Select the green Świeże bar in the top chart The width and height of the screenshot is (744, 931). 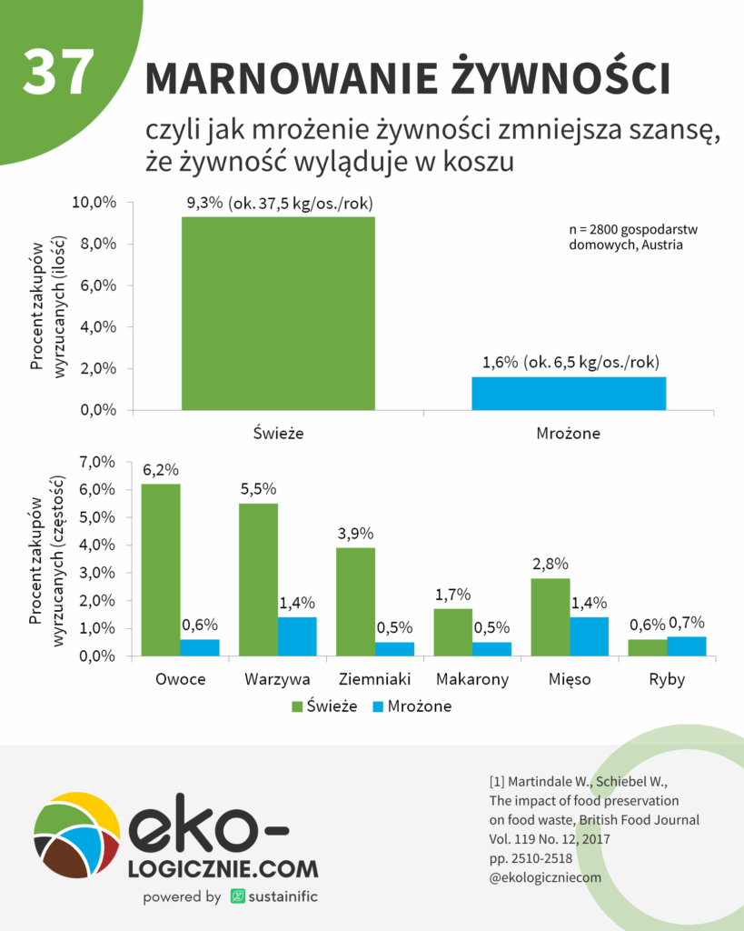pos(278,313)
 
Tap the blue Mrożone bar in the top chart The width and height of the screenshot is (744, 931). pos(570,393)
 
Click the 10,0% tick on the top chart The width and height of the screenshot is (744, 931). pos(94,203)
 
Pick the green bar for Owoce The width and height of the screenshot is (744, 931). pos(161,569)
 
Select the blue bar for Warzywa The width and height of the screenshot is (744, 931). pos(297,636)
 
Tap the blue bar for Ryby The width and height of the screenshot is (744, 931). pos(687,646)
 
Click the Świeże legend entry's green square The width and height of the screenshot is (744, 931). pos(298,706)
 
